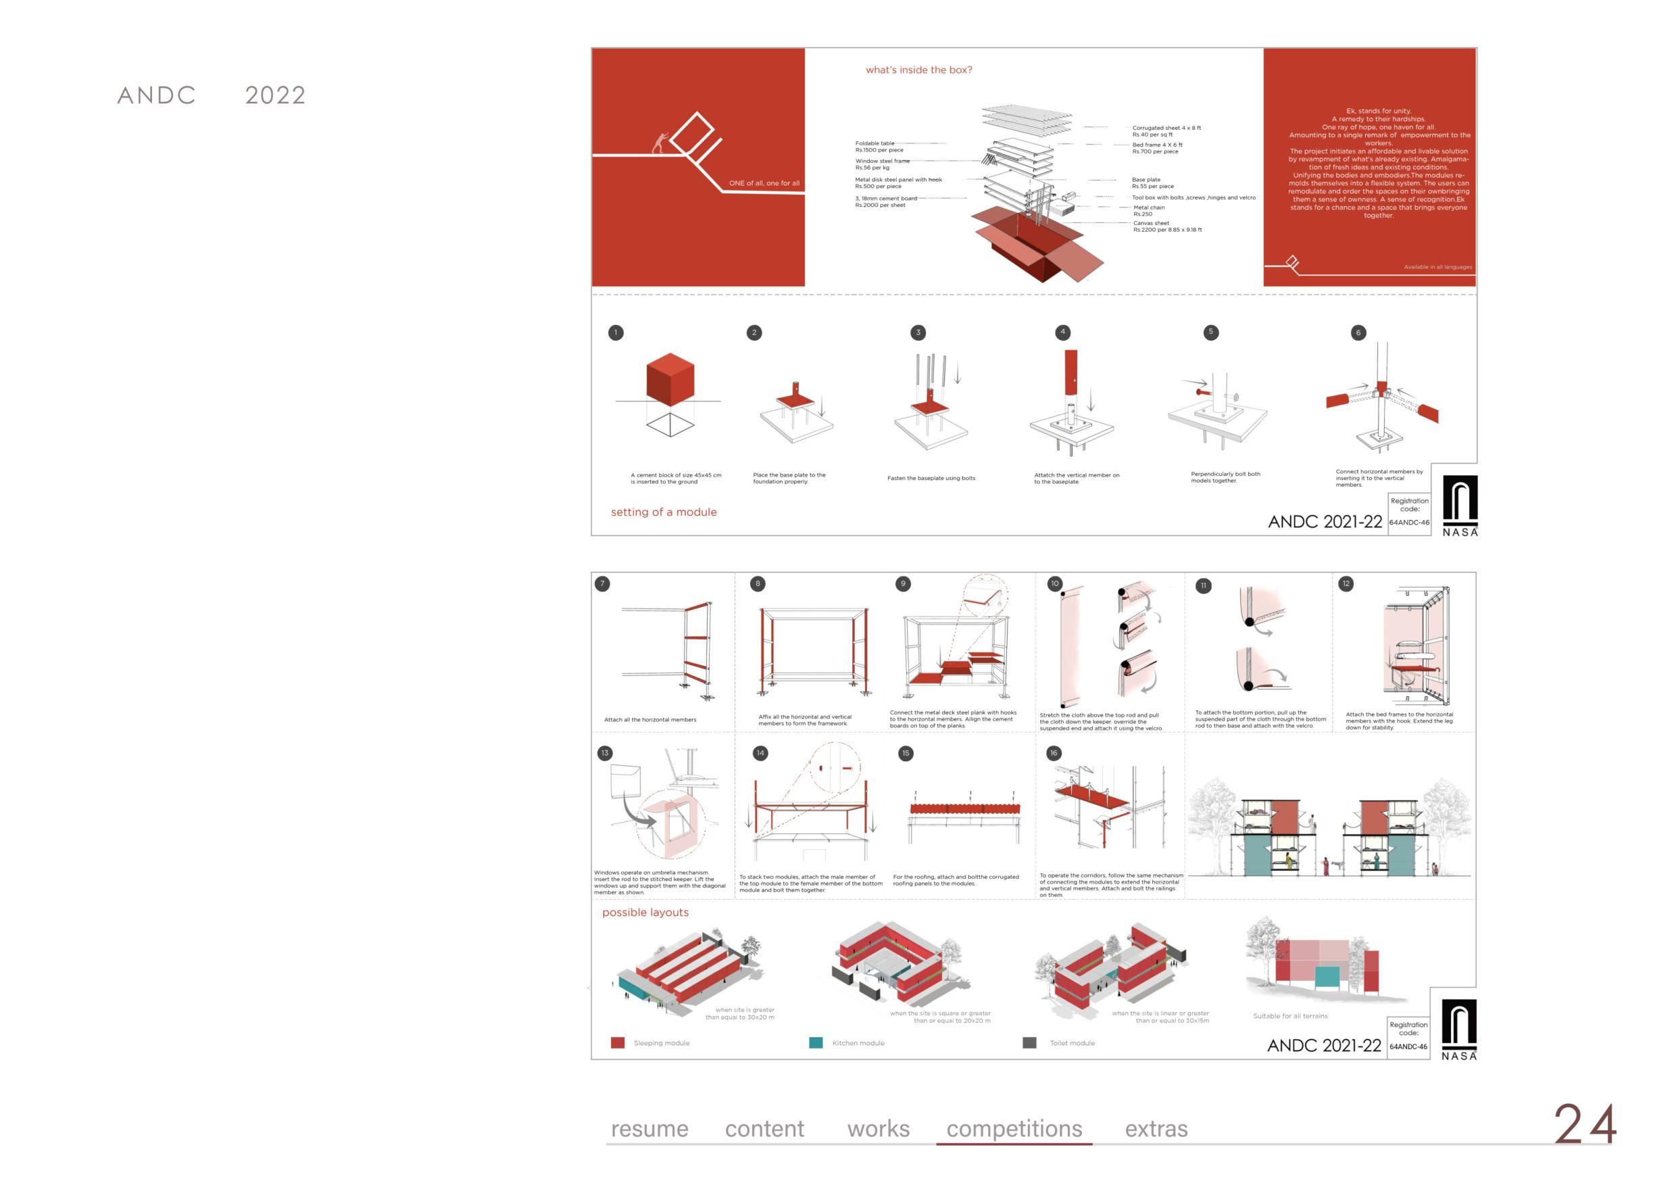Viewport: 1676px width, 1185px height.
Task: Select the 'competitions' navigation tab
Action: pyautogui.click(x=1014, y=1129)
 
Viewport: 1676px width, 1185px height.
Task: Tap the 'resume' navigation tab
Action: pyautogui.click(x=649, y=1130)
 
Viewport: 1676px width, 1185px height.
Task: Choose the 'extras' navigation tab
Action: pyautogui.click(x=1156, y=1130)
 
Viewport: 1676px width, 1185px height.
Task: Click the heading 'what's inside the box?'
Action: pyautogui.click(x=918, y=70)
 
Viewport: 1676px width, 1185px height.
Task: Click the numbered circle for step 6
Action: pyautogui.click(x=1358, y=333)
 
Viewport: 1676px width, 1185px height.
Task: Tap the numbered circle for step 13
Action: pyautogui.click(x=605, y=754)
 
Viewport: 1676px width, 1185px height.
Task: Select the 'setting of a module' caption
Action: pyautogui.click(x=664, y=512)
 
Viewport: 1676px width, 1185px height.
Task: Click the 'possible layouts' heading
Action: pyautogui.click(x=645, y=913)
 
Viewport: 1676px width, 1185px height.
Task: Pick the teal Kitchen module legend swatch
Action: pyautogui.click(x=816, y=1042)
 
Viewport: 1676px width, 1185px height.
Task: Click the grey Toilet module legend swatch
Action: pyautogui.click(x=1029, y=1042)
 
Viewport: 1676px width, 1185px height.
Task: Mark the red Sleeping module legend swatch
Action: pyautogui.click(x=618, y=1042)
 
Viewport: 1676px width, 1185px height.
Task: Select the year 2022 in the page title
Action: pyautogui.click(x=275, y=95)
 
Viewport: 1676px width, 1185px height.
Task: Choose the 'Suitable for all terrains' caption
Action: pyautogui.click(x=1290, y=1016)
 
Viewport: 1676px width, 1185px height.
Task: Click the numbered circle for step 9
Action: pyautogui.click(x=903, y=584)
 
